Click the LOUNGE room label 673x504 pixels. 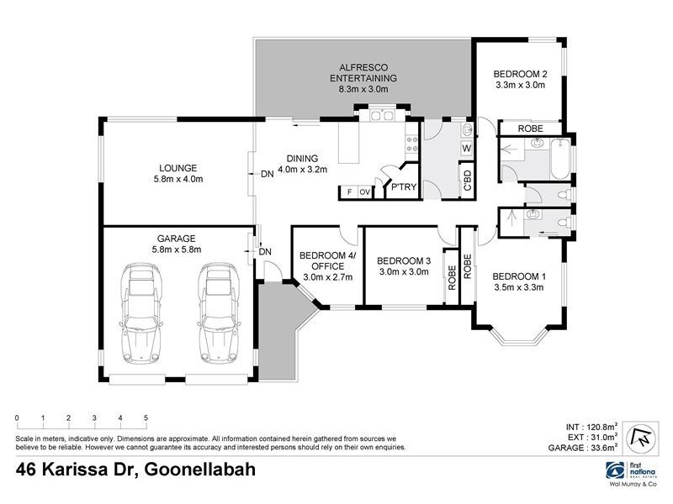[x=178, y=166]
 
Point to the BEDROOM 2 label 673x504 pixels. [x=520, y=74]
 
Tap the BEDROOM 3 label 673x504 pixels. [x=403, y=260]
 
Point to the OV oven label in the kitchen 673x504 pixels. [x=365, y=192]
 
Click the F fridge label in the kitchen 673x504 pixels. [x=348, y=192]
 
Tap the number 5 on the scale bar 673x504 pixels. [x=146, y=417]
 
